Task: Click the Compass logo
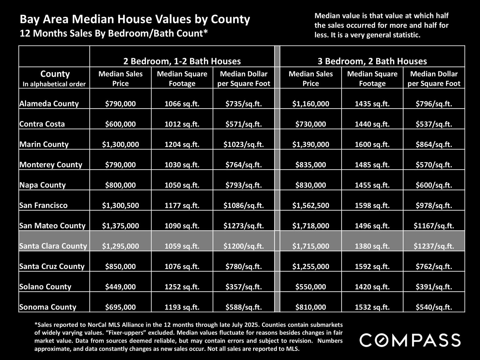(x=410, y=340)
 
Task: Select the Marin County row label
(x=44, y=144)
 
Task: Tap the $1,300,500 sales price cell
(x=120, y=205)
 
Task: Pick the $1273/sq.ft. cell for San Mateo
(x=244, y=226)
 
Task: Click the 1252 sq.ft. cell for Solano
(x=182, y=287)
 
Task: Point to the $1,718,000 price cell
(x=310, y=226)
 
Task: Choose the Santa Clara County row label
(x=53, y=246)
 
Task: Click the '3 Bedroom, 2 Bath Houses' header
(x=372, y=61)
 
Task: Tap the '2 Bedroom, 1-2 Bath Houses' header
(x=182, y=61)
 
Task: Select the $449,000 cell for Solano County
(x=120, y=287)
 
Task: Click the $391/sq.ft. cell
(x=434, y=287)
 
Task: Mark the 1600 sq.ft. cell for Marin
(x=372, y=144)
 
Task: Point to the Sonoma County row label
(x=48, y=307)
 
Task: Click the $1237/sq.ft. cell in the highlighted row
(x=434, y=246)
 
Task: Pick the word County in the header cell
(x=55, y=74)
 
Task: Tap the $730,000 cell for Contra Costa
(x=310, y=124)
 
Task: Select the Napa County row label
(x=43, y=185)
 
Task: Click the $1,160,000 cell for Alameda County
(x=310, y=104)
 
